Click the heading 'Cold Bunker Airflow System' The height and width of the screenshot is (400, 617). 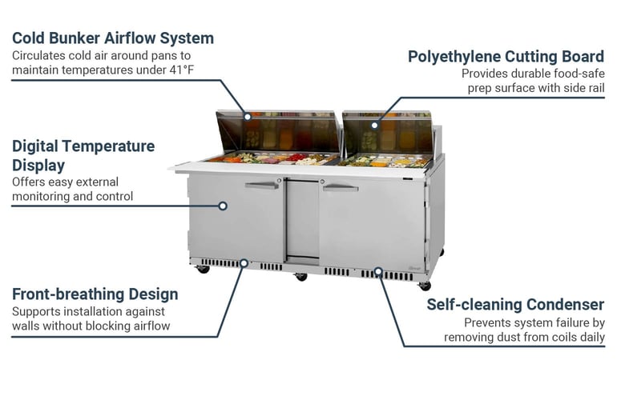coord(112,38)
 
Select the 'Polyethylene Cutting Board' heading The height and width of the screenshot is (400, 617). coord(506,56)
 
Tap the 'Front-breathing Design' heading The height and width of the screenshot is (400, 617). coord(95,294)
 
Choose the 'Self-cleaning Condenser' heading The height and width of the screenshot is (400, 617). coord(515,304)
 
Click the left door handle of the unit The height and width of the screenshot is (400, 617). coord(261,186)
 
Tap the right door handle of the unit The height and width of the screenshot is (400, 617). coord(341,188)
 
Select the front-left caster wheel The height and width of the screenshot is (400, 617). coord(204,269)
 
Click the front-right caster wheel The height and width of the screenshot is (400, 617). coord(425,286)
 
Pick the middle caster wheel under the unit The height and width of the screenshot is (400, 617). coord(301,277)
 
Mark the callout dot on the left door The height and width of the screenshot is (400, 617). coord(223,206)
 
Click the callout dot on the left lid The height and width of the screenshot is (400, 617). coord(248,117)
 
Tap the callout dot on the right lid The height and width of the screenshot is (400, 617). coord(374,125)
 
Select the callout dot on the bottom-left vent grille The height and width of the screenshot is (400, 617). coord(244,262)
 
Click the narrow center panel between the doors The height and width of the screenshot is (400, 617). coord(301,220)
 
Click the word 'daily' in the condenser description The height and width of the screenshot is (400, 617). coord(589,338)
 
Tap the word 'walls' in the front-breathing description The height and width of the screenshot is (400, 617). coord(28,326)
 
